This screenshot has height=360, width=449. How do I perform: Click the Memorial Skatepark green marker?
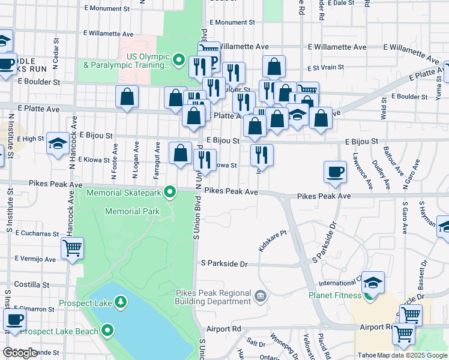(170, 193)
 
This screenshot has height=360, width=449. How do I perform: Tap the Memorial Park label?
(132, 211)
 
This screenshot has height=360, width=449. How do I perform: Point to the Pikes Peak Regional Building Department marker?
(260, 295)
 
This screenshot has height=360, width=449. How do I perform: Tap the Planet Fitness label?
(334, 295)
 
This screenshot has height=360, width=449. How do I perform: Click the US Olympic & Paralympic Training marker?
(178, 60)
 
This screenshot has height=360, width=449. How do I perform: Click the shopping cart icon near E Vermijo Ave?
(72, 247)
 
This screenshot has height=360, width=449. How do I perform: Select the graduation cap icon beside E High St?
(58, 143)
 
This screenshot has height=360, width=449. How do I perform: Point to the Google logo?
(20, 353)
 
